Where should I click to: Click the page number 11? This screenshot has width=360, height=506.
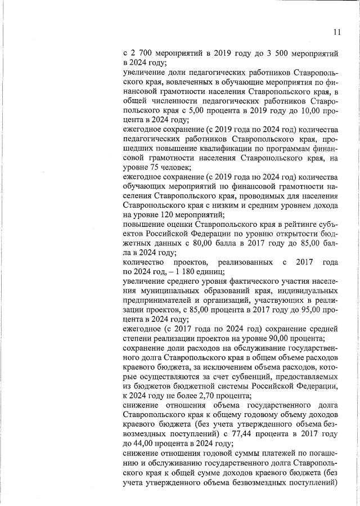336,32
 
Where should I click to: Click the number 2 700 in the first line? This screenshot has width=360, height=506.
142,54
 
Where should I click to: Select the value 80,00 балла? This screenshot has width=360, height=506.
209,243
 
